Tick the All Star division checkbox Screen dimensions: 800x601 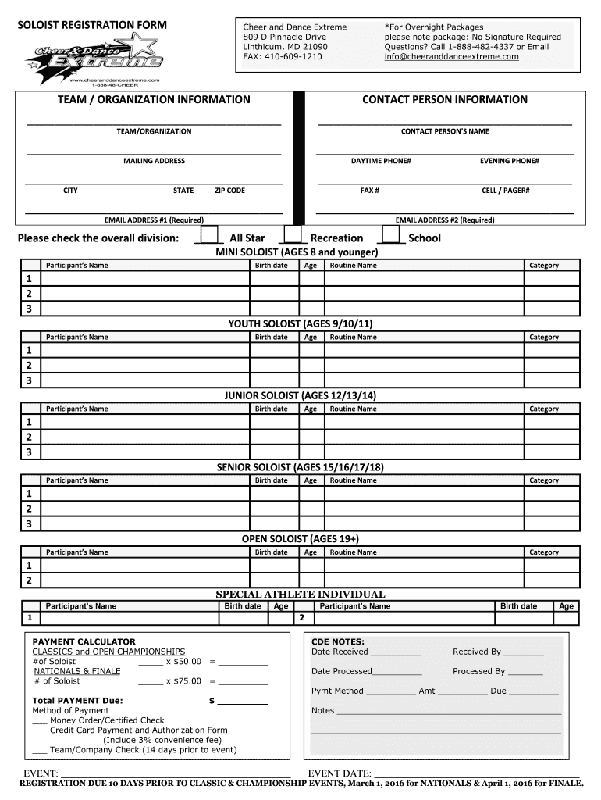point(209,236)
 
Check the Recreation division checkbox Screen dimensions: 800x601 point(292,236)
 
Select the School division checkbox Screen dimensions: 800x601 point(390,236)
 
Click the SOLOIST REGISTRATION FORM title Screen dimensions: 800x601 point(92,26)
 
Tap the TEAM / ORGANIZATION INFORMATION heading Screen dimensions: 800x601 point(153,100)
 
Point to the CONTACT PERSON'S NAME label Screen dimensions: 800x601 point(445,131)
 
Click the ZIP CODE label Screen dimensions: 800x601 point(229,191)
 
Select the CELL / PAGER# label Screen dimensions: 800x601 point(505,191)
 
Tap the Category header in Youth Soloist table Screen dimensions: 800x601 point(543,337)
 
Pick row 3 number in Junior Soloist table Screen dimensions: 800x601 point(29,452)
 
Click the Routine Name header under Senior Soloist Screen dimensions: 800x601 point(353,480)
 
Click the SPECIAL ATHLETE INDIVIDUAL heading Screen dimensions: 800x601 point(300,595)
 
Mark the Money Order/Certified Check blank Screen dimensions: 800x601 point(40,720)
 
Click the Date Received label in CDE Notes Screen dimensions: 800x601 point(340,652)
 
